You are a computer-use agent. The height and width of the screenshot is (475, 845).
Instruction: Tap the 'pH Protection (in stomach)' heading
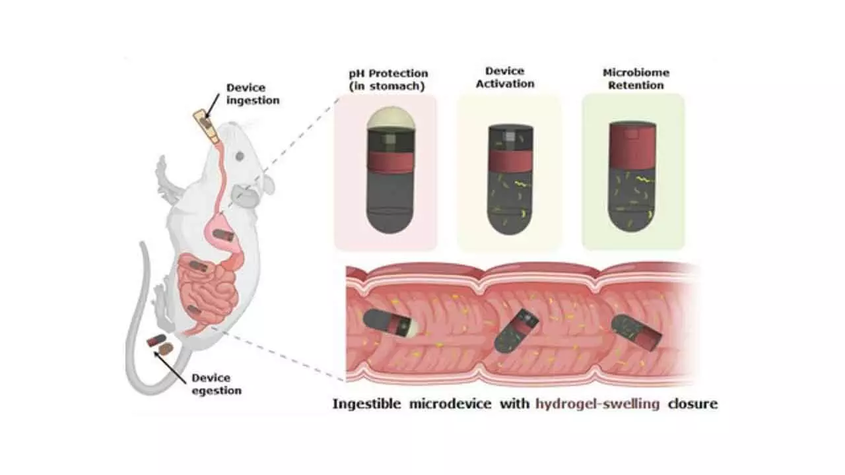(388, 79)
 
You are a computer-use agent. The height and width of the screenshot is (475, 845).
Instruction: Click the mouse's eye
(239, 156)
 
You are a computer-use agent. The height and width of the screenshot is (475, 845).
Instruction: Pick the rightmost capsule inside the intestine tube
(638, 331)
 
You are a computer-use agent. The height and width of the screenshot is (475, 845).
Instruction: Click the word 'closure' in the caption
(692, 404)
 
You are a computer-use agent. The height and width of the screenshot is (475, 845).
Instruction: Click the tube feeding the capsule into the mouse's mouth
(206, 126)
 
